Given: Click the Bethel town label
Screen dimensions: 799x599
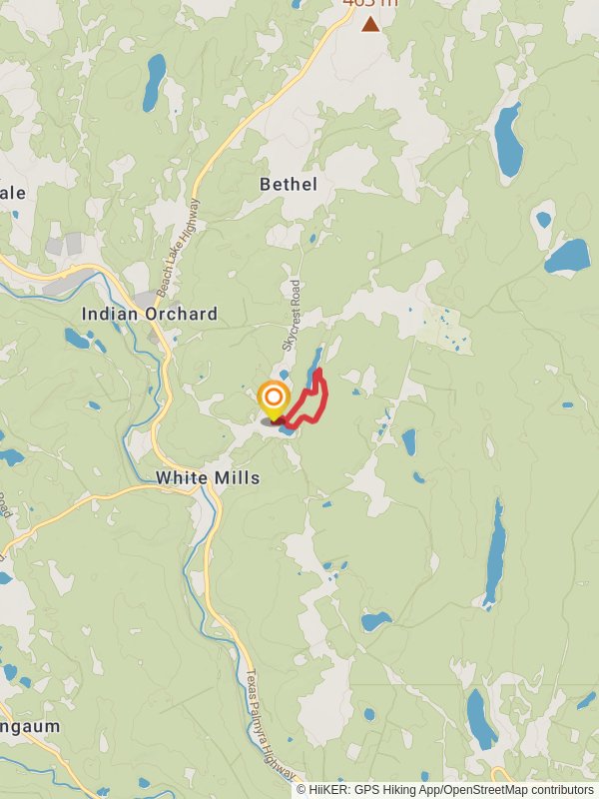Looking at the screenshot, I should click(x=288, y=184).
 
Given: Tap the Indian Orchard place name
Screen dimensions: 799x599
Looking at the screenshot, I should click(x=150, y=314).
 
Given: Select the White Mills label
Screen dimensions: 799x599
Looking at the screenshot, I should click(x=208, y=478).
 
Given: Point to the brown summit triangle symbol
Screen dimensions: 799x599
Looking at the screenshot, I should click(x=370, y=24).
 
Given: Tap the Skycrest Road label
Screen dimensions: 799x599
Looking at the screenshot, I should click(x=292, y=313).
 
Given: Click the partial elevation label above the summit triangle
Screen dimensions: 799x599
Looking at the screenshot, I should click(x=369, y=3).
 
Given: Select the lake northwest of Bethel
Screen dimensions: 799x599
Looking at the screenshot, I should click(x=154, y=82).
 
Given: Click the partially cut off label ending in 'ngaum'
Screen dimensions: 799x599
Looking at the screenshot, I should click(x=30, y=726).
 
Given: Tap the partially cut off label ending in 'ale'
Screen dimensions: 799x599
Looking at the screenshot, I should click(x=14, y=192).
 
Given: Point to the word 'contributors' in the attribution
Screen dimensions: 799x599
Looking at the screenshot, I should click(x=560, y=790).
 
